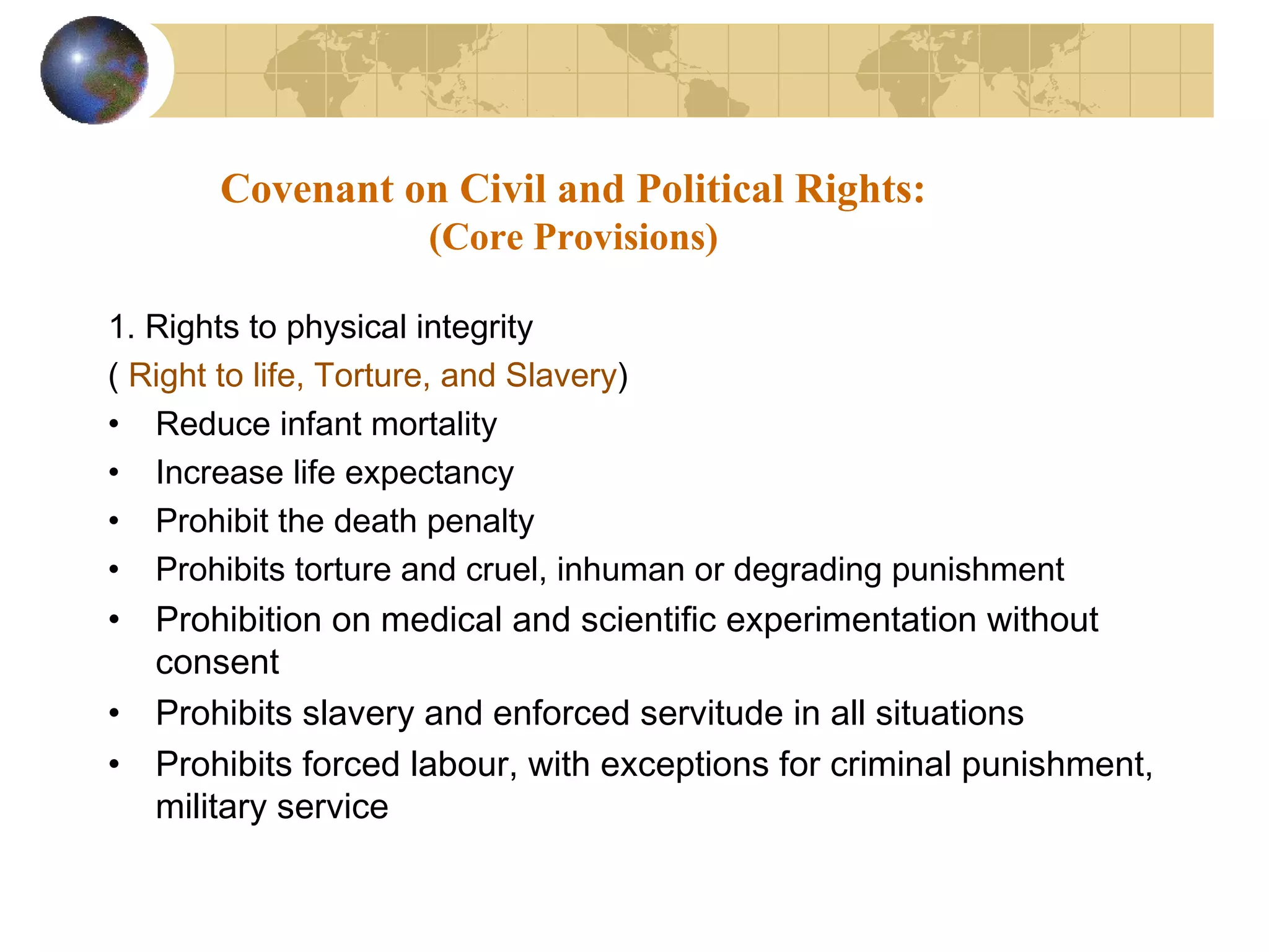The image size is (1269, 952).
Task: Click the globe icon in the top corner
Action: pyautogui.click(x=94, y=70)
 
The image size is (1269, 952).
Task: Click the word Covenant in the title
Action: pyautogui.click(x=307, y=188)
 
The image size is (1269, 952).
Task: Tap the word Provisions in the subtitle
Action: pyautogui.click(x=620, y=237)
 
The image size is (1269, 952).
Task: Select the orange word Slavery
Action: pyautogui.click(x=561, y=376)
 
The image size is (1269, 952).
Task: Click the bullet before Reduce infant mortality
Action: pyautogui.click(x=113, y=425)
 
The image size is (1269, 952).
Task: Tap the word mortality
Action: pyautogui.click(x=434, y=425)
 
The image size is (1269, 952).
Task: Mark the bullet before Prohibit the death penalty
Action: pyautogui.click(x=113, y=521)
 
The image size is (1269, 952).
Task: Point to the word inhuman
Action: pyautogui.click(x=620, y=570)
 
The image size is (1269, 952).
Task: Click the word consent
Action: pyautogui.click(x=217, y=663)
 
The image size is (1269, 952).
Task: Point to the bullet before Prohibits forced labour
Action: pyautogui.click(x=113, y=765)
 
